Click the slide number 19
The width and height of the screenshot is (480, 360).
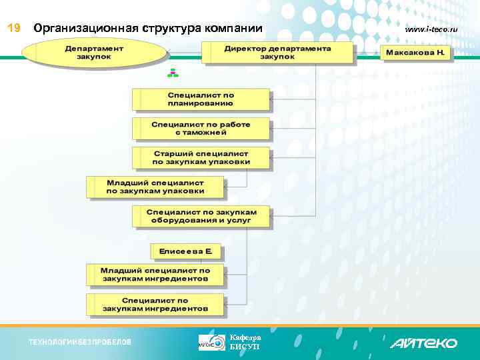14,28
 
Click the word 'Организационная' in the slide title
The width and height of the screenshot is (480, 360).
86,28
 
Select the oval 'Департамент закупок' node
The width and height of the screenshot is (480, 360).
93,53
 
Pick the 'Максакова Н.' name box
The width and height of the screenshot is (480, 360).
417,52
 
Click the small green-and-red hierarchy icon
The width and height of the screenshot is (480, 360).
173,73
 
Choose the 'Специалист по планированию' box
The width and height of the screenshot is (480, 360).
201,99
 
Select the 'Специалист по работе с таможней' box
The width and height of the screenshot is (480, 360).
201,129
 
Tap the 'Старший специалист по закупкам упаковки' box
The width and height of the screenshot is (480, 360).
201,157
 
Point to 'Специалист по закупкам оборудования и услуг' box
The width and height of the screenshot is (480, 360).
201,216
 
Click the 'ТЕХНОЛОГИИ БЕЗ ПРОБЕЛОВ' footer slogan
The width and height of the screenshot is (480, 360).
80,342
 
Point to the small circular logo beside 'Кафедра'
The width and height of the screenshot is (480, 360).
212,343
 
